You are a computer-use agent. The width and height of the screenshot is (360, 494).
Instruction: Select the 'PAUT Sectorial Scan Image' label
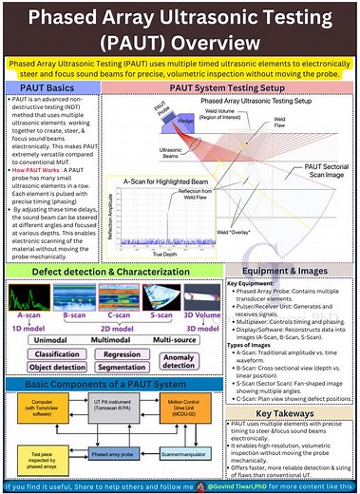(x=319, y=171)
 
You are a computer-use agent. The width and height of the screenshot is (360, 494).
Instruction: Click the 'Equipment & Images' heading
(x=289, y=270)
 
